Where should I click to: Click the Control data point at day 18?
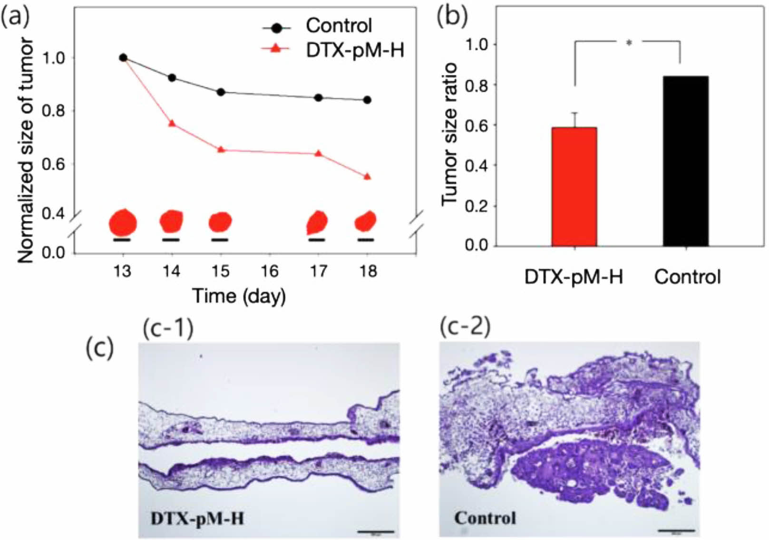[367, 100]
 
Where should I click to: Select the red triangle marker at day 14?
[172, 123]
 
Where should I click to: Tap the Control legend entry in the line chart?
[338, 26]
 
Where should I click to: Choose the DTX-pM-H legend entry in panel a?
[354, 49]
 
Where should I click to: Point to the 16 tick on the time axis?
[269, 271]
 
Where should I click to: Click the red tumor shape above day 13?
[123, 222]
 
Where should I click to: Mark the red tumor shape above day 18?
[366, 221]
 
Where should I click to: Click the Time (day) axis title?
[239, 296]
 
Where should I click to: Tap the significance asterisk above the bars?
[629, 43]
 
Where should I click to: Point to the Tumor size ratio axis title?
[449, 134]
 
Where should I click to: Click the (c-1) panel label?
[168, 328]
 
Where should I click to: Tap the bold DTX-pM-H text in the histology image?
[197, 518]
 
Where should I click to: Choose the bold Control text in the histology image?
[485, 518]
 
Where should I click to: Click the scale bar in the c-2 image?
[676, 530]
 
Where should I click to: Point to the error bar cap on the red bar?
[574, 113]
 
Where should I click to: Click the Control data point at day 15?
[221, 92]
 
